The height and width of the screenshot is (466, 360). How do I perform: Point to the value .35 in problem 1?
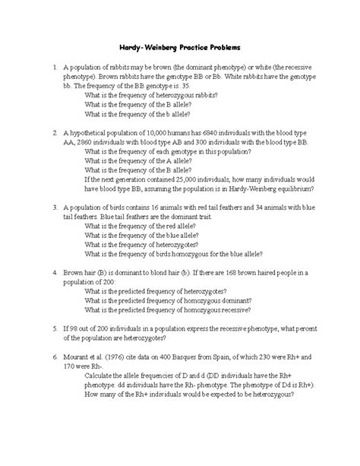(x=186, y=85)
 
